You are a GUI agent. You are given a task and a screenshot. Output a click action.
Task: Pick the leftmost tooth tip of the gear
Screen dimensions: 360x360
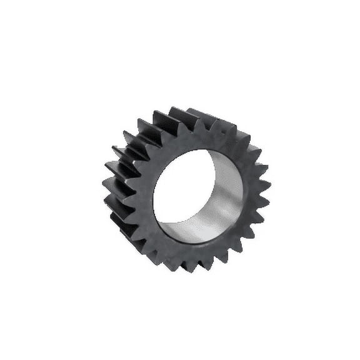coord(103,182)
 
